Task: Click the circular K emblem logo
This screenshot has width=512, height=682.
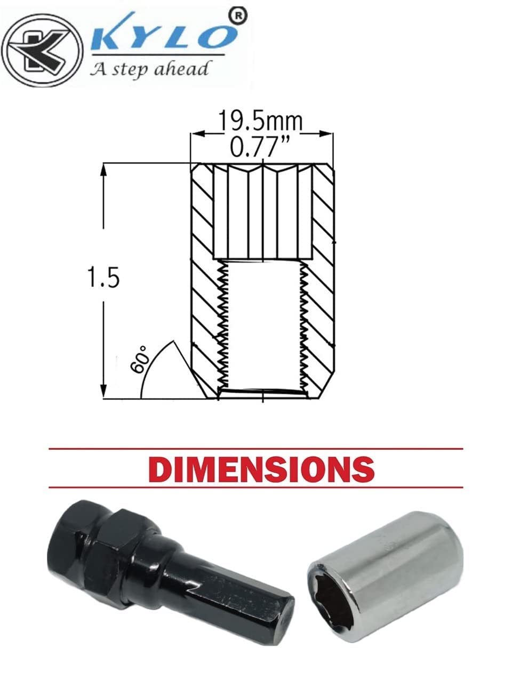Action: click(x=42, y=51)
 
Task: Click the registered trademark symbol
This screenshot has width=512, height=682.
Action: click(x=237, y=16)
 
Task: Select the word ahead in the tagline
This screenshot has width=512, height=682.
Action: click(x=181, y=69)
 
